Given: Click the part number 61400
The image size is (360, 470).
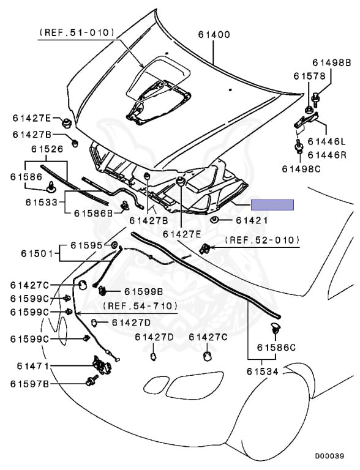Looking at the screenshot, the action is tap(214, 34).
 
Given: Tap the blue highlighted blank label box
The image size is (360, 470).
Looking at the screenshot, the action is tap(272, 205).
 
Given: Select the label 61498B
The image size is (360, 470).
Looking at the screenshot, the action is tap(331, 62).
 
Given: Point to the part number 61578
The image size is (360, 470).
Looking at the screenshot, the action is tap(309, 76).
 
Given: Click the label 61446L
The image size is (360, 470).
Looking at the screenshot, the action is tap(327, 141).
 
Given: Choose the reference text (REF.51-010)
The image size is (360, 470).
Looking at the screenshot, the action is tap(77, 32).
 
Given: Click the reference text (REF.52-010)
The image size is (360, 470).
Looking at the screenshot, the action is tap(262, 240).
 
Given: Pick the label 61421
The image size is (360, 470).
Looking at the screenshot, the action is tap(252, 220).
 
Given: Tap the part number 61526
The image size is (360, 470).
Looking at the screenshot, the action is tap(47, 149).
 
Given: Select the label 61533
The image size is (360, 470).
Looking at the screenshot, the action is tap(41, 203).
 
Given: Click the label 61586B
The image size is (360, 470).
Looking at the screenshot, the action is tap(93, 213).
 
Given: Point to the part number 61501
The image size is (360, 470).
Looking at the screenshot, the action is tap(37, 253).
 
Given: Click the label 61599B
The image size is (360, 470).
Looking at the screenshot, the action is tap(144, 291).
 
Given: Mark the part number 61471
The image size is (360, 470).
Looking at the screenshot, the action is tap(32, 366).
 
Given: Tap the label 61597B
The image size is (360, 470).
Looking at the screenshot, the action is tap(29, 384).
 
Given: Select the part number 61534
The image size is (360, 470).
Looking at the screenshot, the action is tap(263, 371).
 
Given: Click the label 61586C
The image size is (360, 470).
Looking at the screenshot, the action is tap(276, 348).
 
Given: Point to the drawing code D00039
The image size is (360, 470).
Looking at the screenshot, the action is tap(329, 456).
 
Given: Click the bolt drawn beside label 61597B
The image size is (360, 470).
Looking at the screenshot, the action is tap(92, 381).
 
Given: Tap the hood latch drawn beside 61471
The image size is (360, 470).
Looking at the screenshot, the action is tap(102, 365).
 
